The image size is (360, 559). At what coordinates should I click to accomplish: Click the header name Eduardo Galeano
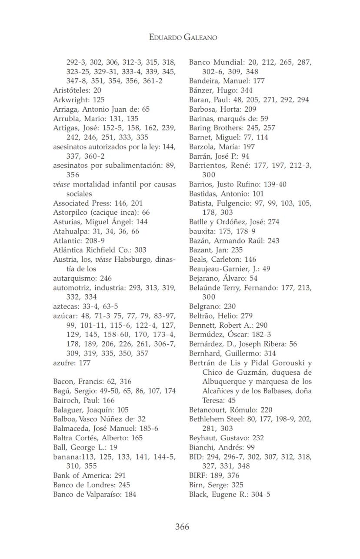[x=183, y=37]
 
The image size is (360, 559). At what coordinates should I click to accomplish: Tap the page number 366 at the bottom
[x=182, y=527]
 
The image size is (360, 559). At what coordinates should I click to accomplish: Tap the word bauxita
[x=201, y=231]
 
